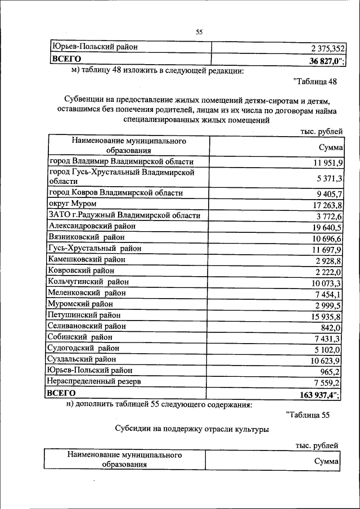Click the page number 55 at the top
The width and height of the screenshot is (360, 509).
coord(199,32)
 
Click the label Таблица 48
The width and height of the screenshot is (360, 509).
coord(315,82)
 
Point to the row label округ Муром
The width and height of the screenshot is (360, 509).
coord(73,204)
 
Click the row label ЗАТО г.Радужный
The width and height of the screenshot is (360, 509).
coord(124,215)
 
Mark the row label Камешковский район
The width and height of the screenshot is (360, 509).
coord(87,259)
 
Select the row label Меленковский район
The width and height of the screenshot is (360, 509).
coord(87,292)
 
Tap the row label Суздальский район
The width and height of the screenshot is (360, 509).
coord(83,359)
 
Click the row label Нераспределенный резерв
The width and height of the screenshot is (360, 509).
coord(94,381)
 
